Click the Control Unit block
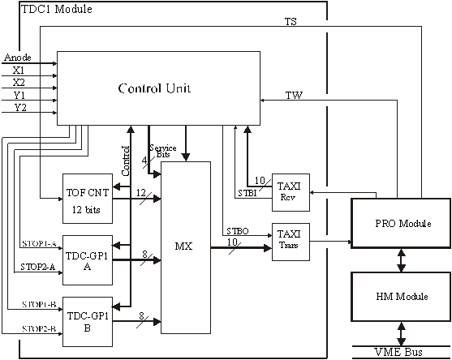point(158,88)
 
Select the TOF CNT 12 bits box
point(88,199)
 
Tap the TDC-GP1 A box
point(88,260)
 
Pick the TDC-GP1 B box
point(88,322)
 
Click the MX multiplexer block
point(186,247)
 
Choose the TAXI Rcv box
point(291,192)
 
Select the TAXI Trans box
point(291,242)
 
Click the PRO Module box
point(401,223)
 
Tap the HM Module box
point(401,297)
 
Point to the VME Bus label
point(398,352)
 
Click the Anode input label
point(18,58)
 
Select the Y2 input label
point(20,108)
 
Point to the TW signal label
point(294,95)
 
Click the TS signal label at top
point(291,22)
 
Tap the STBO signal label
point(238,231)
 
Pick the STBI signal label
point(248,193)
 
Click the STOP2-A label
point(38,267)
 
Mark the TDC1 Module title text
point(57,9)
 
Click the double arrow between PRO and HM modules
point(401,260)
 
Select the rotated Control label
point(126,161)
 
